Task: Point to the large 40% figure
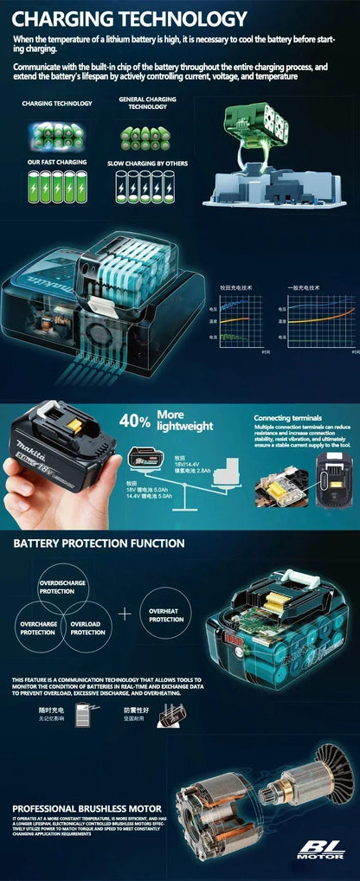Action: coord(134,421)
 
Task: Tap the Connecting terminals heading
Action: coord(287,418)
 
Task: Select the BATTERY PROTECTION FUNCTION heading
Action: coord(99,543)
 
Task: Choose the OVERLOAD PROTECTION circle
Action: coord(87,627)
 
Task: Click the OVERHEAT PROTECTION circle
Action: coord(166,614)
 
